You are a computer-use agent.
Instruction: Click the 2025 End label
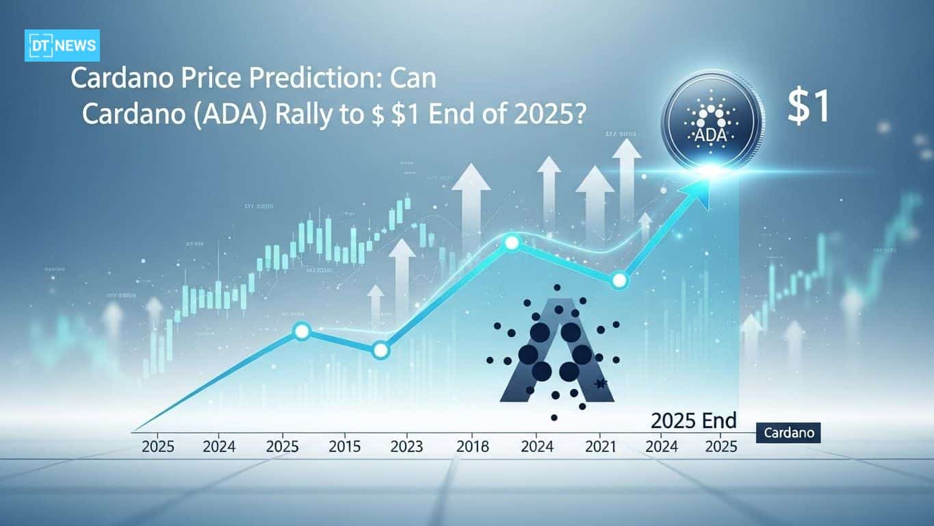click(693, 419)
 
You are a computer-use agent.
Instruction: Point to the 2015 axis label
click(346, 447)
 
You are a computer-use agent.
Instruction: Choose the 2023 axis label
click(406, 447)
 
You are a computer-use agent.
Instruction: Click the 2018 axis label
click(472, 447)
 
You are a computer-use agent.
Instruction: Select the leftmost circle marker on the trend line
click(302, 331)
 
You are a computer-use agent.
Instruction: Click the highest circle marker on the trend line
click(511, 242)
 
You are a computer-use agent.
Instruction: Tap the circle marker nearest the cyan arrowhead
click(619, 280)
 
